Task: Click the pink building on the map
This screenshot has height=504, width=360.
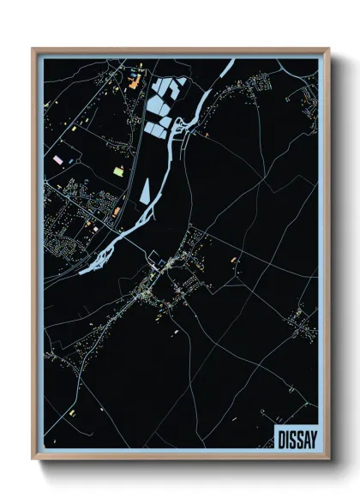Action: [x=57, y=159]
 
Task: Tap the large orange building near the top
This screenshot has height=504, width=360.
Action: [x=135, y=83]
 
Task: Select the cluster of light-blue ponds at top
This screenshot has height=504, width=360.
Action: [x=163, y=105]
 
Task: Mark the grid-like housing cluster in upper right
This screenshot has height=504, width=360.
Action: [x=257, y=86]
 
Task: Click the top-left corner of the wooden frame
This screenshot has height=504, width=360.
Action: [x=33, y=50]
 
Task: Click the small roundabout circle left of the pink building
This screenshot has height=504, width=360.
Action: [x=47, y=160]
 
